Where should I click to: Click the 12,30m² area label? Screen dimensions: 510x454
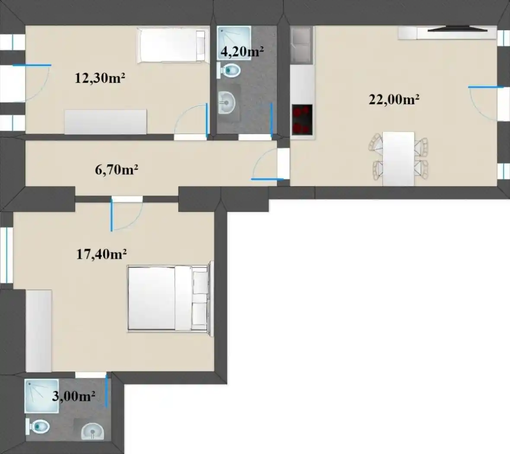[100, 78]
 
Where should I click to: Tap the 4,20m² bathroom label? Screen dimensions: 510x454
[242, 51]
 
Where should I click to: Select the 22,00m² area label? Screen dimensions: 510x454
[394, 99]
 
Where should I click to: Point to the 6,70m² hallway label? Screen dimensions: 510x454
[116, 169]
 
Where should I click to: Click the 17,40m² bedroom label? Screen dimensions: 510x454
[102, 254]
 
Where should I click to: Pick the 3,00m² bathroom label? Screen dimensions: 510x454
[73, 396]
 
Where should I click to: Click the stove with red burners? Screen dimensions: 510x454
[302, 119]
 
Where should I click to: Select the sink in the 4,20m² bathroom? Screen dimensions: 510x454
[226, 102]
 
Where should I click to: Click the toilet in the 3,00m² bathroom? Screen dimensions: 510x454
[38, 426]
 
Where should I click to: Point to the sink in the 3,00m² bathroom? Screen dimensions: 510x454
[92, 431]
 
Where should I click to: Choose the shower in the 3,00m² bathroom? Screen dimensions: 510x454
[41, 396]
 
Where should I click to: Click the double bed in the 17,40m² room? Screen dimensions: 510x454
[169, 299]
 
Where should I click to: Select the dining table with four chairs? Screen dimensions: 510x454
[398, 159]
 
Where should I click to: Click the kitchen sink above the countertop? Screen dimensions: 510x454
[301, 45]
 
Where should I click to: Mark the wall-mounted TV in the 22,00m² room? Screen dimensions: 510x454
[458, 30]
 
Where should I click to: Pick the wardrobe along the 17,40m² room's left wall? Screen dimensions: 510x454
[39, 331]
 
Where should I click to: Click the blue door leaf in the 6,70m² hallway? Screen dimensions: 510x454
[268, 179]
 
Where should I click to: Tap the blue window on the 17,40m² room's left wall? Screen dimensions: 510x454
[6, 255]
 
